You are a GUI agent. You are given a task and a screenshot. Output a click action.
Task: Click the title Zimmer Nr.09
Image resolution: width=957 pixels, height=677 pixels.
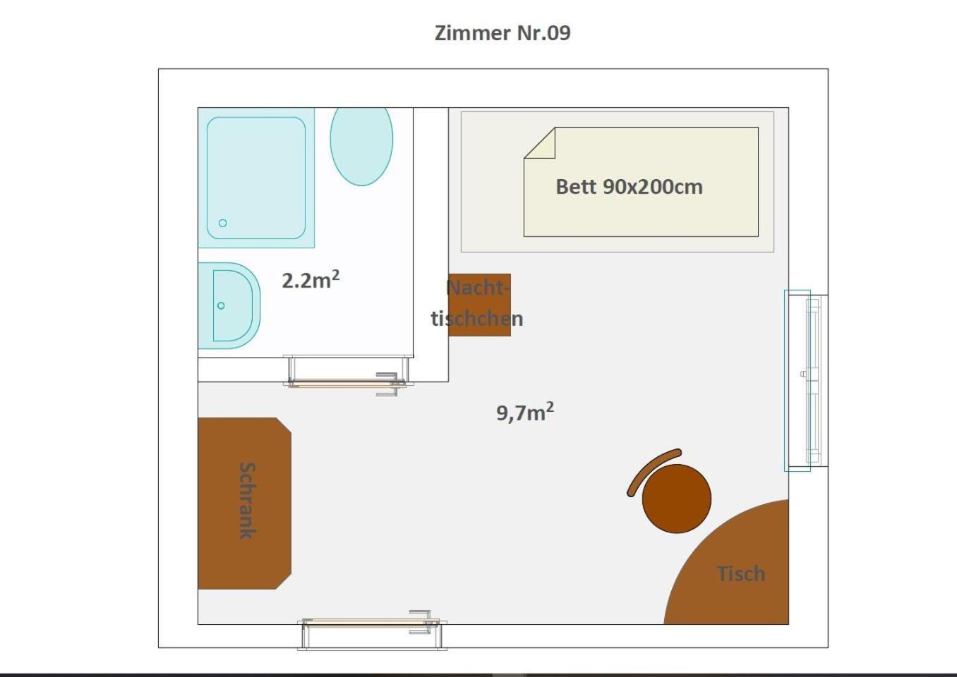pos(502,33)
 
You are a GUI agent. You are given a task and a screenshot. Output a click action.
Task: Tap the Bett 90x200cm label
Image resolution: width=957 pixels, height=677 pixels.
pos(629,187)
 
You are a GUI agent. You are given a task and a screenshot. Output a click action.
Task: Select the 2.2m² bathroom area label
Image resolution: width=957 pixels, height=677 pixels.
pos(311,279)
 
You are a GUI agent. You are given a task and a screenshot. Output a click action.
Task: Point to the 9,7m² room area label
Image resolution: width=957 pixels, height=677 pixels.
pos(525,412)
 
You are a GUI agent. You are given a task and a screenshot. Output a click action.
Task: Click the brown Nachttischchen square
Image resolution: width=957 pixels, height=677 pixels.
pos(480,305)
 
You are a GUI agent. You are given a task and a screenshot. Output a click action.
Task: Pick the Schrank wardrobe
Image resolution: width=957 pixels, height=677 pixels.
pos(244,504)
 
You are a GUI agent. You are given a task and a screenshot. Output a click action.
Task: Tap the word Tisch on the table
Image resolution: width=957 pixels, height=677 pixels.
pos(741,574)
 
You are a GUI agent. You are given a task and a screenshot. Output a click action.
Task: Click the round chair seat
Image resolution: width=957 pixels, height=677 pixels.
pos(677,499)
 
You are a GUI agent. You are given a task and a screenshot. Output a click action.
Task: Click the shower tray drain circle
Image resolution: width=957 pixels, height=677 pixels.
pos(222,223)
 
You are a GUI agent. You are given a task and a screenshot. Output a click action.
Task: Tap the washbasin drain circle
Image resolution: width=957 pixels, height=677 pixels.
pos(221,305)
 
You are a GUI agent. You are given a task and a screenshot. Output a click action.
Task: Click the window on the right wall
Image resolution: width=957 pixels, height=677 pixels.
pos(806,381)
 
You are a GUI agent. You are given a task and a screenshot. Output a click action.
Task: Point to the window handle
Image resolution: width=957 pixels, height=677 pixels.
pos(803,374)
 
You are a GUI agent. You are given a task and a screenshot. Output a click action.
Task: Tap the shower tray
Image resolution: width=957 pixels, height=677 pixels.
pos(256,178)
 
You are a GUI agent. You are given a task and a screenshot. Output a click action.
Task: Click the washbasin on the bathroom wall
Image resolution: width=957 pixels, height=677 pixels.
pos(229,305)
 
